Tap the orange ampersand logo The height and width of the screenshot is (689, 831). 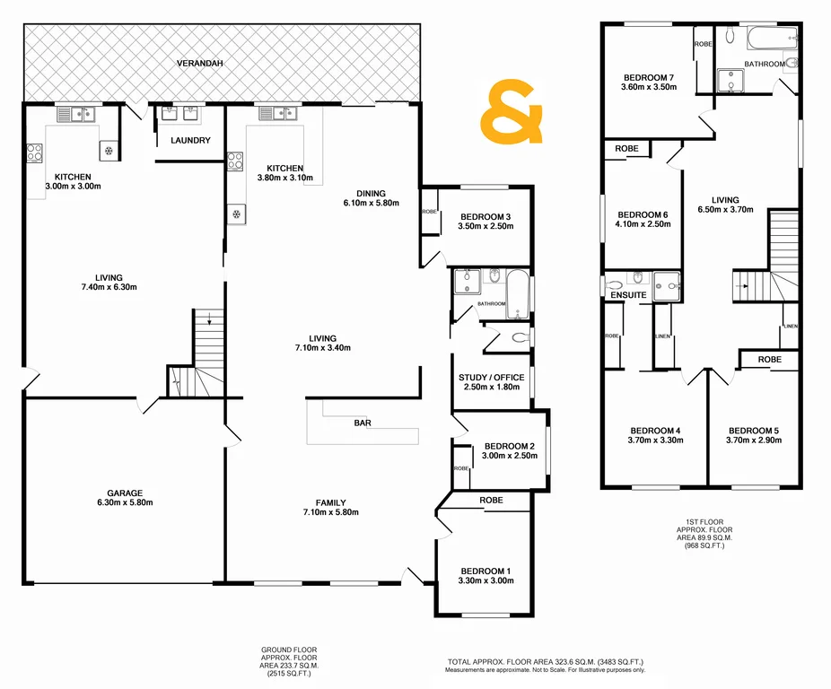[x=512, y=112]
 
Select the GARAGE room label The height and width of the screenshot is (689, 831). [x=127, y=493]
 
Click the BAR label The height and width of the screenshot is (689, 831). [x=363, y=422]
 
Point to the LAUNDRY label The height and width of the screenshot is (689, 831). [x=190, y=140]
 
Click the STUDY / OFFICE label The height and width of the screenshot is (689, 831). [x=489, y=378]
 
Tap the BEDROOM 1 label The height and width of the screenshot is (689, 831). [x=485, y=571]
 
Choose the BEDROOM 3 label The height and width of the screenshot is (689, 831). [x=485, y=216]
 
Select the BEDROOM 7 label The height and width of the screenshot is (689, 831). [x=648, y=76]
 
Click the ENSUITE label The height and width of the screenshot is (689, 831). [x=628, y=295]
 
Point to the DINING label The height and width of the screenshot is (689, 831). [x=370, y=193]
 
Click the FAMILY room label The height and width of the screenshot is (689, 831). [x=331, y=502]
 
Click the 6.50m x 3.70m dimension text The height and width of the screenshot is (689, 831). [x=725, y=211]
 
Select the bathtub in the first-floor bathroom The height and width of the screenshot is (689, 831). [x=772, y=38]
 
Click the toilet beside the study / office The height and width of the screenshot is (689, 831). [x=516, y=339]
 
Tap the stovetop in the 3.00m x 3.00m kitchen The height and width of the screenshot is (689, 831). [x=34, y=153]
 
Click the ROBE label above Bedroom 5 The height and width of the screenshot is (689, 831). [x=769, y=359]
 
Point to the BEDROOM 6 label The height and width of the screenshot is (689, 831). [x=643, y=214]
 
